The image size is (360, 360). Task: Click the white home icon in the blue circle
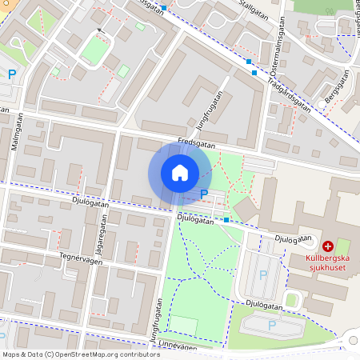pos(180,173)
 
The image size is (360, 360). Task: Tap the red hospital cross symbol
pos(329,245)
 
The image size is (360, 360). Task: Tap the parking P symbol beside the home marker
pos(204,194)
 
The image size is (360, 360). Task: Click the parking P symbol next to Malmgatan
pos(12,74)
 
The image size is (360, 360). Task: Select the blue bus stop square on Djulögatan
pos(226,218)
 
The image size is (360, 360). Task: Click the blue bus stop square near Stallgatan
pos(163,8)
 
